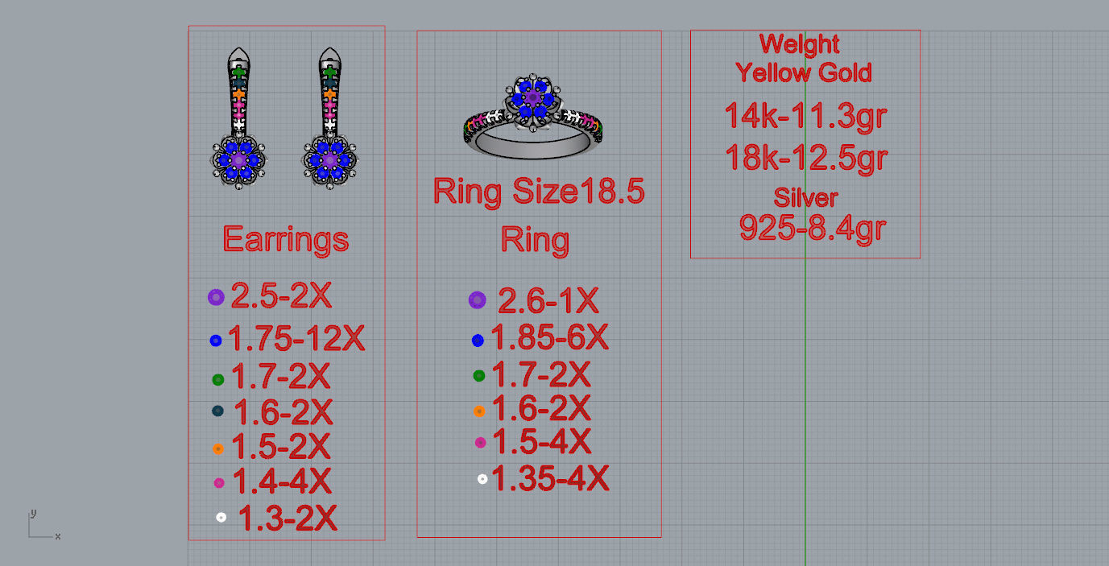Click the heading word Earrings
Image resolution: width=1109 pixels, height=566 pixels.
pos(285,239)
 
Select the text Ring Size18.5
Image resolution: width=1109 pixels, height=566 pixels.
pos(539,192)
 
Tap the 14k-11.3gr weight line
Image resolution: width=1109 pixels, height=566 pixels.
pos(805,116)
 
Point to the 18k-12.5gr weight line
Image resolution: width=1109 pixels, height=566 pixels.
pos(805,157)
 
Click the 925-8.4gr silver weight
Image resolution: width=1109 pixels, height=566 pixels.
pos(812,228)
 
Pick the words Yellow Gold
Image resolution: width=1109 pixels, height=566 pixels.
pos(803,72)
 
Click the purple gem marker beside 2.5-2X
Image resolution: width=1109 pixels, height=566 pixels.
pos(215,297)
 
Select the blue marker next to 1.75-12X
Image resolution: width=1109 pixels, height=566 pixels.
pos(215,341)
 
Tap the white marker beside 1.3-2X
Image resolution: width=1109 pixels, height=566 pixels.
pos(221,517)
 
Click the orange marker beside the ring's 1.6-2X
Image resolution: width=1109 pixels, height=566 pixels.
pos(479,411)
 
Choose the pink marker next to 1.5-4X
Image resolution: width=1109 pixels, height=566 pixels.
pos(481,442)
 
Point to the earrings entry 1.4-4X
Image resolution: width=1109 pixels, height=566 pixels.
pos(281,481)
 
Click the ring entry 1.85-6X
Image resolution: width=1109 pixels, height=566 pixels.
pos(549,338)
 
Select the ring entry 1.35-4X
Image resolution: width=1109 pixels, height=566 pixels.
pos(550,479)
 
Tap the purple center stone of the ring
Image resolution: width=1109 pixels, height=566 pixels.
pos(532,97)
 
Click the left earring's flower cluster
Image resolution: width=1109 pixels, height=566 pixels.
pos(239,160)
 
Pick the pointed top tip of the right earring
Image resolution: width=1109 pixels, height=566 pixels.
pos(329,53)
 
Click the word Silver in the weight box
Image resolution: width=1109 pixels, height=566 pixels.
pos(805,197)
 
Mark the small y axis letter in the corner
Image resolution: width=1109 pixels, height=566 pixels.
pos(33,513)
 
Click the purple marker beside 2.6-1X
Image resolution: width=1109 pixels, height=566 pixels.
pos(477,300)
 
